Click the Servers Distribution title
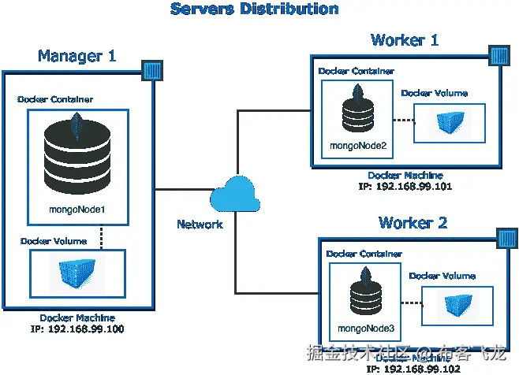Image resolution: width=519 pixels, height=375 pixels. pyautogui.click(x=255, y=9)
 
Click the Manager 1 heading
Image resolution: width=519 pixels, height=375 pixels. pyautogui.click(x=77, y=56)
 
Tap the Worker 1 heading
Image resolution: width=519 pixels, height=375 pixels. pyautogui.click(x=405, y=40)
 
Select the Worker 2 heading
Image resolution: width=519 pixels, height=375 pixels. pyautogui.click(x=413, y=223)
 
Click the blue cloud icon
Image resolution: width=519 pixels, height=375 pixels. pyautogui.click(x=237, y=194)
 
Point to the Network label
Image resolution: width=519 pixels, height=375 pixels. pyautogui.click(x=200, y=225)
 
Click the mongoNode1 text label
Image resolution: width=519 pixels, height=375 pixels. pyautogui.click(x=78, y=210)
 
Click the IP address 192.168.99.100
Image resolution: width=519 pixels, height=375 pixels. pyautogui.click(x=77, y=328)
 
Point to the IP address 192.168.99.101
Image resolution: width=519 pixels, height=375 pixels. pyautogui.click(x=405, y=187)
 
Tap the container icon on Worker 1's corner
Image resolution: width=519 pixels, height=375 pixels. pyautogui.click(x=499, y=55)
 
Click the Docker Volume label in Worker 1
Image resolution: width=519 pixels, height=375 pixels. pyautogui.click(x=434, y=93)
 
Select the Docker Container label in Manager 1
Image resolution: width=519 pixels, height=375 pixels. pyautogui.click(x=56, y=100)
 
